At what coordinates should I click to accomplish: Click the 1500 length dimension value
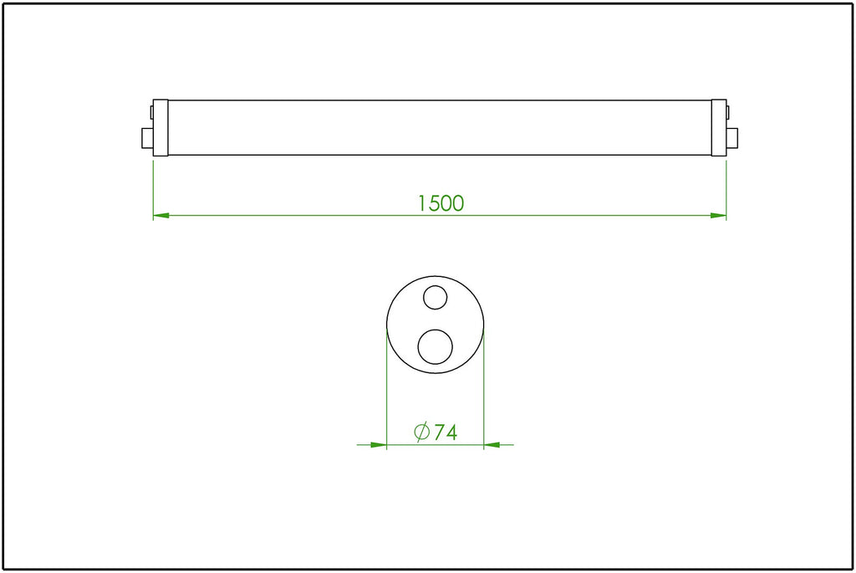click(x=441, y=203)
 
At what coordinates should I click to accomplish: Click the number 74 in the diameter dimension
click(x=446, y=432)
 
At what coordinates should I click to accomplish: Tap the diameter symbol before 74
click(x=422, y=432)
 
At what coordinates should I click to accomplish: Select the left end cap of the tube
click(x=160, y=128)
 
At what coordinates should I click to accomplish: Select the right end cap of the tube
click(x=719, y=128)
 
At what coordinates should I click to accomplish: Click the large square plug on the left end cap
click(x=147, y=138)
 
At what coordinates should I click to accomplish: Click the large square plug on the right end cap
click(x=732, y=138)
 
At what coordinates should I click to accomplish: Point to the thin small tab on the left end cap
click(x=152, y=112)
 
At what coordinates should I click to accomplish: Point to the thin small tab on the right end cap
click(x=728, y=112)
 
